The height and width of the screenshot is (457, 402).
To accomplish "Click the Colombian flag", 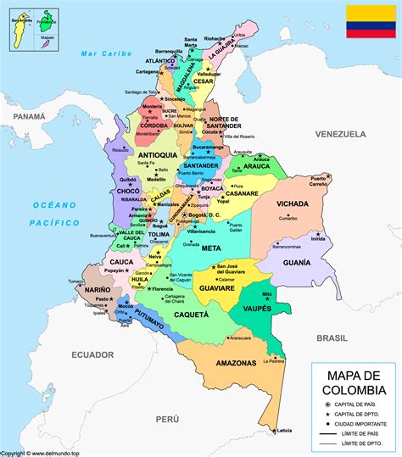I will point(370,21).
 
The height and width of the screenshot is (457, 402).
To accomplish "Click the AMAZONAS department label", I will point(235,363).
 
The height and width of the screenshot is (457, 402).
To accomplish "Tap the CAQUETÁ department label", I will point(191,314).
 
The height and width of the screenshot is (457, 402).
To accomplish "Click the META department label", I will point(211,248).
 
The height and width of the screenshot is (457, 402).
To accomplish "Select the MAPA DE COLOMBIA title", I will point(352,382).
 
